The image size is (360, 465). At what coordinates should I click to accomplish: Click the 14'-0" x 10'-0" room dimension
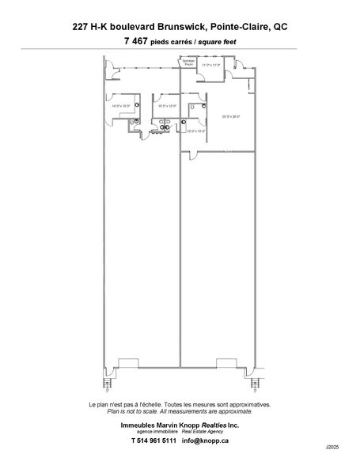(120, 105)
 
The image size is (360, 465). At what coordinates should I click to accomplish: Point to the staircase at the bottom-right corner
(254, 387)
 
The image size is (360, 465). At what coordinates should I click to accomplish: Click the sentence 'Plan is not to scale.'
(135, 411)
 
